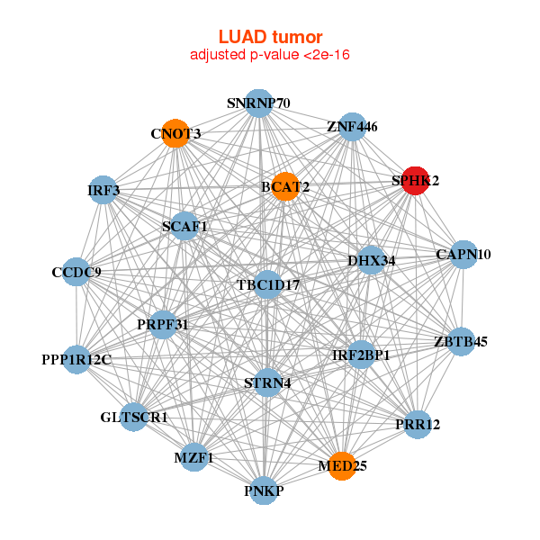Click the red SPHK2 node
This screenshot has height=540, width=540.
[x=414, y=180]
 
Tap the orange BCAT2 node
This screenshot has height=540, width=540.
[x=284, y=186]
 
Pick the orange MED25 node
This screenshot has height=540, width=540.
[x=342, y=465]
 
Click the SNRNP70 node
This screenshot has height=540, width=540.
[x=259, y=103]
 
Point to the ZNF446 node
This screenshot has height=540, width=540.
[x=352, y=127]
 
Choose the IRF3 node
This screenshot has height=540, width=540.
[x=103, y=190]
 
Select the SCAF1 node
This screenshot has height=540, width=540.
[x=184, y=226]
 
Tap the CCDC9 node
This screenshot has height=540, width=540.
[x=76, y=272]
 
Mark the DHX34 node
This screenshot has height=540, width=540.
[x=372, y=261]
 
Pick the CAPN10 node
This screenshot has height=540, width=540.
[x=463, y=255]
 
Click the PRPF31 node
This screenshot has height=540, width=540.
[x=162, y=324]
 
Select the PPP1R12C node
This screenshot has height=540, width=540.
[x=76, y=360]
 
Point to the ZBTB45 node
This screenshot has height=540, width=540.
[x=461, y=341]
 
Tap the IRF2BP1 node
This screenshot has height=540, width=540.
[x=361, y=355]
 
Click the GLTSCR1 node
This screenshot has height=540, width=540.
[x=134, y=417]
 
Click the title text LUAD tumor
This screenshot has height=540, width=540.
[x=269, y=37]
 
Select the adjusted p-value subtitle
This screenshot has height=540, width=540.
[x=269, y=56]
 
